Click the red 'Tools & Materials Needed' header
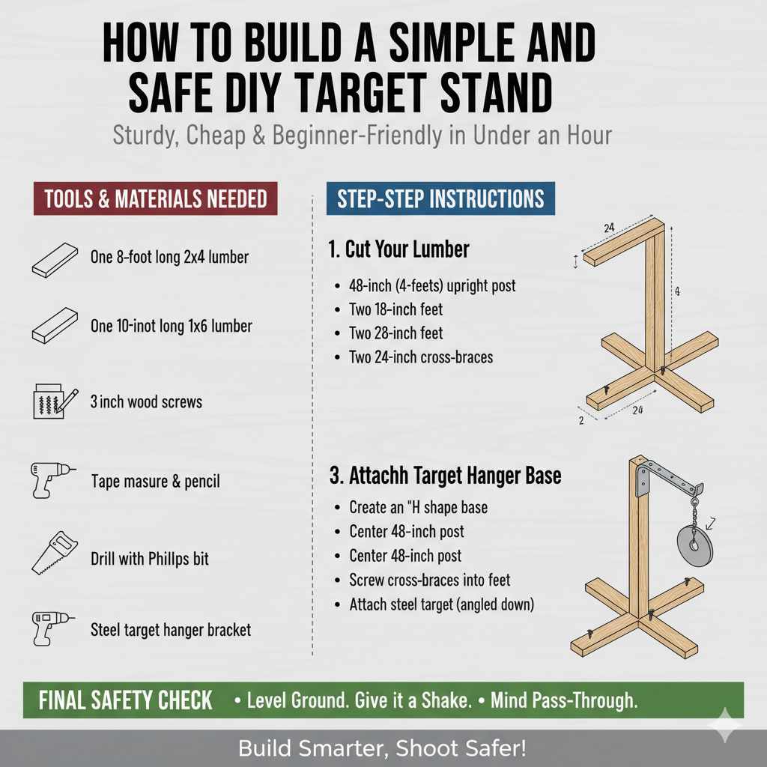coord(155,199)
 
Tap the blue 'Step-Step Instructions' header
coord(440,199)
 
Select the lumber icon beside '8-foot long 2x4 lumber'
coord(55,259)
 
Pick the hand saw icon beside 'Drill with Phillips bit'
coord(55,552)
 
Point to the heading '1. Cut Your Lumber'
coord(398,249)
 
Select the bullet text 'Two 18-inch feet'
coord(395,309)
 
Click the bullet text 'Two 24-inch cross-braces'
coord(421,357)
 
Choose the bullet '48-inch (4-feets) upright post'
coord(432,285)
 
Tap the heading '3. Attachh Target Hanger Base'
coord(445,476)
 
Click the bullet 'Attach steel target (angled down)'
coord(441,604)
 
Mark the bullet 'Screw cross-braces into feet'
coord(430,580)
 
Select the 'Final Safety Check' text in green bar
coord(126,701)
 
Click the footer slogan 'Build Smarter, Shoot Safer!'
coord(383,748)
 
